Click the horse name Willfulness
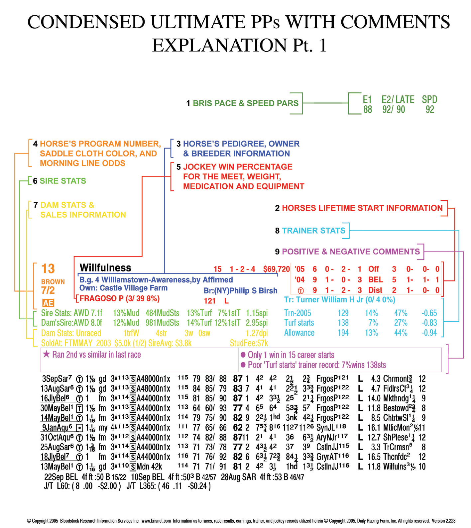105,268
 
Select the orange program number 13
48,268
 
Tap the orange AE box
48,303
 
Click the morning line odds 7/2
48,290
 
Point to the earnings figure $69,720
277,269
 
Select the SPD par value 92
430,110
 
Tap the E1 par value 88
368,110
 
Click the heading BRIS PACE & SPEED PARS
246,103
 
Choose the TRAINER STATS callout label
313,231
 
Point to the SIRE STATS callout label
63,181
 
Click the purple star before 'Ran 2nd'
47,354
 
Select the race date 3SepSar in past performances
57,379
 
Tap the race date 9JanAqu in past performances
57,428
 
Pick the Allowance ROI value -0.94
429,333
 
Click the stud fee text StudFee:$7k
249,343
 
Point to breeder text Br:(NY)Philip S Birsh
240,291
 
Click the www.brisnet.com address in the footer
156,521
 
